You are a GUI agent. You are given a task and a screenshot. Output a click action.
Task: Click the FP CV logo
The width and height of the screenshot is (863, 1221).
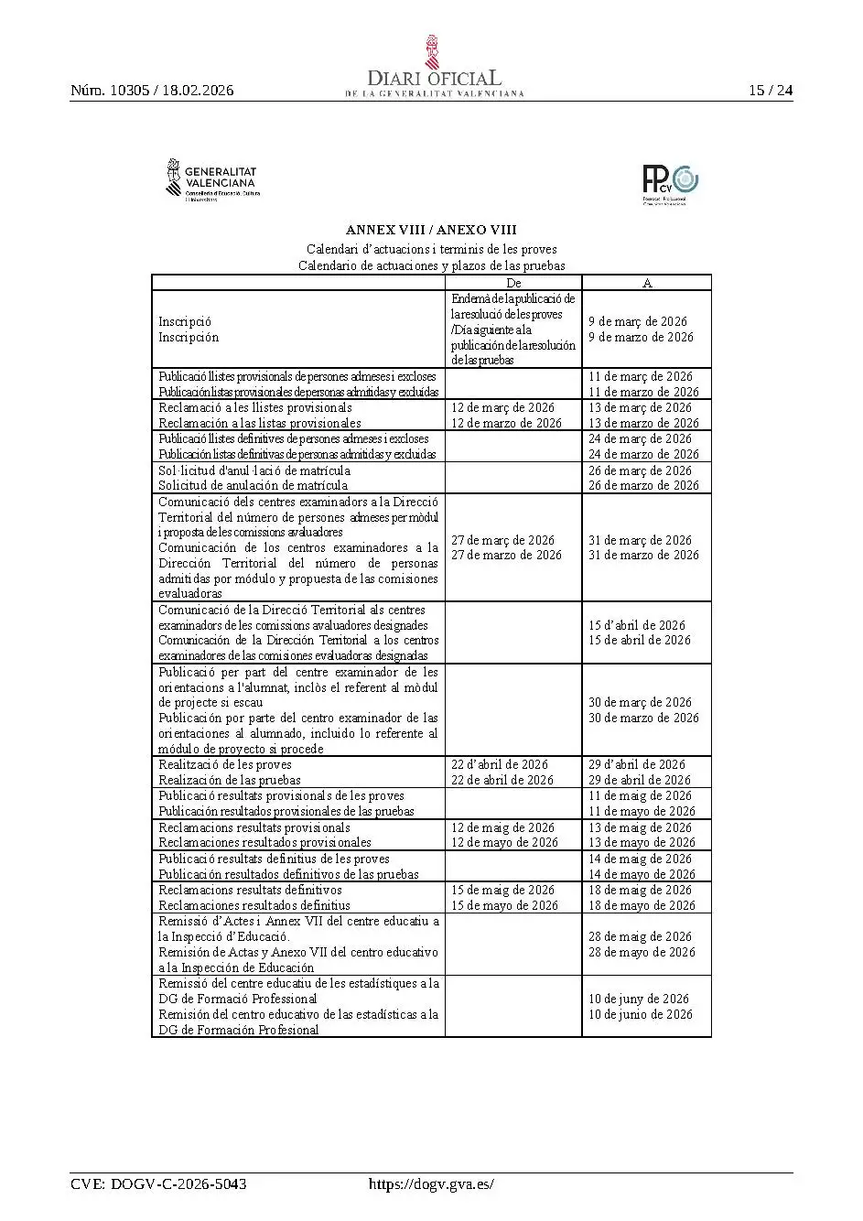(x=670, y=183)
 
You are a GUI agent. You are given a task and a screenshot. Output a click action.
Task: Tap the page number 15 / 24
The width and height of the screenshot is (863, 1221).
(x=771, y=90)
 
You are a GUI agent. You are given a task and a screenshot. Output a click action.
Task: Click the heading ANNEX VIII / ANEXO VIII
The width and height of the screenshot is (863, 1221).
(x=431, y=230)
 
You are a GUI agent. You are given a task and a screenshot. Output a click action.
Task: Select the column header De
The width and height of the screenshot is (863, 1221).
(x=513, y=283)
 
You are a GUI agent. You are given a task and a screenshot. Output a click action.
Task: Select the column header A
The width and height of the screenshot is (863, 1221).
(x=647, y=283)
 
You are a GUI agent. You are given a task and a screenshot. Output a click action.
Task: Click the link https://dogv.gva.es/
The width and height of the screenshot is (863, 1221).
(x=431, y=1183)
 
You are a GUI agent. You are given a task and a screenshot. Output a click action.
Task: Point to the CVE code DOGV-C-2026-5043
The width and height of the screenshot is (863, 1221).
(x=158, y=1183)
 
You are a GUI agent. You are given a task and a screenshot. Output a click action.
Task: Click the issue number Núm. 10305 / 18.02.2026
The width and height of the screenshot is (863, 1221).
(x=152, y=90)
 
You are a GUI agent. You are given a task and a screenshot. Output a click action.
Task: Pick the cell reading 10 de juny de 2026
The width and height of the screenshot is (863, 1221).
(x=639, y=999)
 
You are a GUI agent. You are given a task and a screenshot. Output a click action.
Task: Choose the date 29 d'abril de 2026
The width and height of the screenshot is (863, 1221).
(x=637, y=764)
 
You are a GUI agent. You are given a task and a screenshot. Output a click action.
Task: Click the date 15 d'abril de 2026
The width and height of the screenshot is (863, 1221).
(x=637, y=625)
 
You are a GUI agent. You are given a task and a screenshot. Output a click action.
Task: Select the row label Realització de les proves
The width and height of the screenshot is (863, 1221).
(x=225, y=764)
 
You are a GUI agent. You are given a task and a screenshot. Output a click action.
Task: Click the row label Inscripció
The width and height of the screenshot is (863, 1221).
(x=185, y=321)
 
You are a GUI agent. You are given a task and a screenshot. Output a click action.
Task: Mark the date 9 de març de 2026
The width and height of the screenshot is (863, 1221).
(x=638, y=321)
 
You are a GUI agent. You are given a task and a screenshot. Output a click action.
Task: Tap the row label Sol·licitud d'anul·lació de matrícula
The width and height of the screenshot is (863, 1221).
(x=254, y=470)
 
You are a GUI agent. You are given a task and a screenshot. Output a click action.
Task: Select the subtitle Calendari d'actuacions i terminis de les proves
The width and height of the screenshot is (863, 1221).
(x=431, y=249)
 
